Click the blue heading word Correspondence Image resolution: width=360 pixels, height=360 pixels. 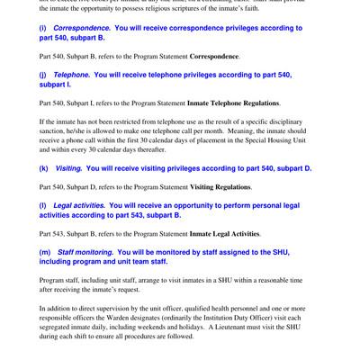pos(87,29)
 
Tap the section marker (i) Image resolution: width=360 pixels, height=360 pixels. pos(43,29)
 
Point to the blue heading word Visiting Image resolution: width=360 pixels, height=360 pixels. pos(67,168)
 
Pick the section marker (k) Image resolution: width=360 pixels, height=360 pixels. pos(44,168)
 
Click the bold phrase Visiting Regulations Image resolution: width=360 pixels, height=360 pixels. pos(220,187)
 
